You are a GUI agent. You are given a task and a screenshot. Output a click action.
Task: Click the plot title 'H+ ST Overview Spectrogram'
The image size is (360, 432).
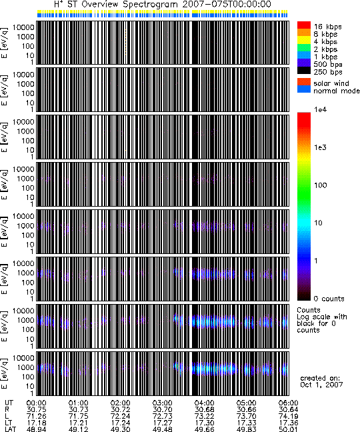point(116,5)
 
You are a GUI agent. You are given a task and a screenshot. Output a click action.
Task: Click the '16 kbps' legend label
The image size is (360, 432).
point(328,27)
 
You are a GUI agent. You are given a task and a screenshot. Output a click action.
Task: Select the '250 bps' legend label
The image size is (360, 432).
point(328,72)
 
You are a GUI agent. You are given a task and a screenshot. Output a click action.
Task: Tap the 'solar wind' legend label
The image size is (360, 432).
point(331,83)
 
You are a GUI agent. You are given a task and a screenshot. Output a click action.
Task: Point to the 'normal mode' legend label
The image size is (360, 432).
point(337,91)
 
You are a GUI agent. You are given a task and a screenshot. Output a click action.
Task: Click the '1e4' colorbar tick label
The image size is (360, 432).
point(321,109)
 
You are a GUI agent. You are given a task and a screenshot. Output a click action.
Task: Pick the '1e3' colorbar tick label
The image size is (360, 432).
point(321,147)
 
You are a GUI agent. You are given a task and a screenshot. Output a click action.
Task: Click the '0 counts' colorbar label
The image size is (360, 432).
point(329,299)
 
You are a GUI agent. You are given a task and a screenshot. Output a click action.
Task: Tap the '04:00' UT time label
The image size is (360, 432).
point(204,403)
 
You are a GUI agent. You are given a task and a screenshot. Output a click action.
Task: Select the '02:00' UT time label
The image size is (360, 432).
point(120,403)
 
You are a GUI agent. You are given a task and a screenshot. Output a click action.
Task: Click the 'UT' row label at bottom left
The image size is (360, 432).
point(9,403)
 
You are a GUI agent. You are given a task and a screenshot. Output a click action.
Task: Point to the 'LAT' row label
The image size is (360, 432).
point(11,429)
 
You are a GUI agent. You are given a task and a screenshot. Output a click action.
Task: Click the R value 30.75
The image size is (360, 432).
point(37,409)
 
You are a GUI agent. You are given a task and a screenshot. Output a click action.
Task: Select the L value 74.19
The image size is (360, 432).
point(288,416)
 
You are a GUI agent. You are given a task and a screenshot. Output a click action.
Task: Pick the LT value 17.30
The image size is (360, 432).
point(204,423)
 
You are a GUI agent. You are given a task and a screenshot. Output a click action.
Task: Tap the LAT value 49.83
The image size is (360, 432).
point(246,429)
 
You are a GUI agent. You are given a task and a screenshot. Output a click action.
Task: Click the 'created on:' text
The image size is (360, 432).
point(320,378)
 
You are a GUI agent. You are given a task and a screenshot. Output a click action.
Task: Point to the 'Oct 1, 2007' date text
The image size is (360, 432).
point(321,385)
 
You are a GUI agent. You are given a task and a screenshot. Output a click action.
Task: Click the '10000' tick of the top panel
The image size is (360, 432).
point(23,27)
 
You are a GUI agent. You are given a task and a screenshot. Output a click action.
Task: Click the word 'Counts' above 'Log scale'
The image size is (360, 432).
point(309,310)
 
